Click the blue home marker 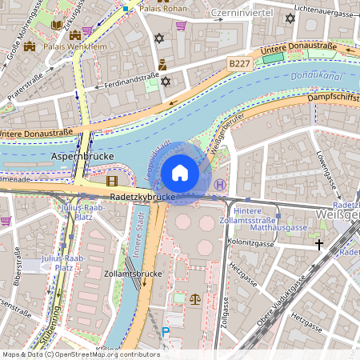(x=180, y=173)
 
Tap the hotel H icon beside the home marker (x=219, y=184)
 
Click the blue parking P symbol (x=166, y=332)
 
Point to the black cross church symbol (x=319, y=244)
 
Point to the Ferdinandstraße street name (x=126, y=78)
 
